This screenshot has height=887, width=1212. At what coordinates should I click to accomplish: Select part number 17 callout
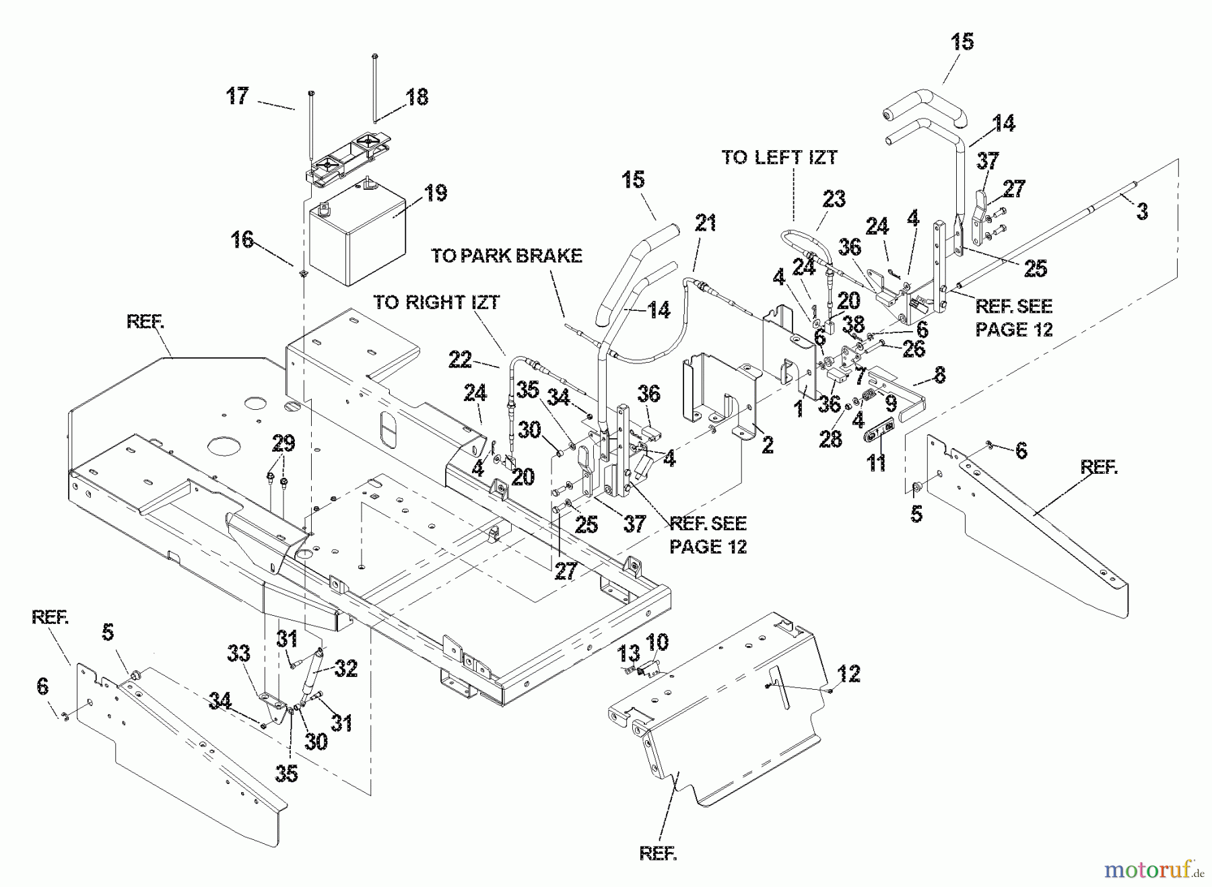coord(237,96)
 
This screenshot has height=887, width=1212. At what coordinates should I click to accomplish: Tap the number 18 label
coord(417,97)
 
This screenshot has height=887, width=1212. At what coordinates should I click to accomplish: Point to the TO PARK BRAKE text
coord(506,256)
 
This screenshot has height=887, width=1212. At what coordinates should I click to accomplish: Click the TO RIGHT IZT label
coord(436,302)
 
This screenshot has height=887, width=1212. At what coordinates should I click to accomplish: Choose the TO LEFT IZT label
coord(779,157)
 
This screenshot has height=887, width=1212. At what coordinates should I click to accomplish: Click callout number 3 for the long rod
coord(1142,211)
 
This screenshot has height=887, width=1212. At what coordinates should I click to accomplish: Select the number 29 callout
coord(283,443)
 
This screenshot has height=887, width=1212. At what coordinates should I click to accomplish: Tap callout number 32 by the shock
coord(345,668)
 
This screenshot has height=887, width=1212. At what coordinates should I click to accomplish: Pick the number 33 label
coord(239,653)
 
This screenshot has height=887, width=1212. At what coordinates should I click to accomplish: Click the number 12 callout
coord(849,674)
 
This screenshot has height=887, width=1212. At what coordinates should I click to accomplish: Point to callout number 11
coord(876,463)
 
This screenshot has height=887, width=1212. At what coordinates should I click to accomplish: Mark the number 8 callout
coord(939,375)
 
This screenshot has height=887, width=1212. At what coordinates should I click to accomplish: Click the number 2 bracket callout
coord(768,444)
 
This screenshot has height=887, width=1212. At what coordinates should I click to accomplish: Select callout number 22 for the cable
coord(461,360)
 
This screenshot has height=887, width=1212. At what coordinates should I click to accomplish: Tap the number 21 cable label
coord(706,223)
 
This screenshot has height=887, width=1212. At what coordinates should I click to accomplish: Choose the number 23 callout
coord(834,199)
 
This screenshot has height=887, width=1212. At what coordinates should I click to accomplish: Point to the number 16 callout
coord(242,239)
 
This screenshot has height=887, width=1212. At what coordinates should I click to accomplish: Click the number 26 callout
coord(914,349)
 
